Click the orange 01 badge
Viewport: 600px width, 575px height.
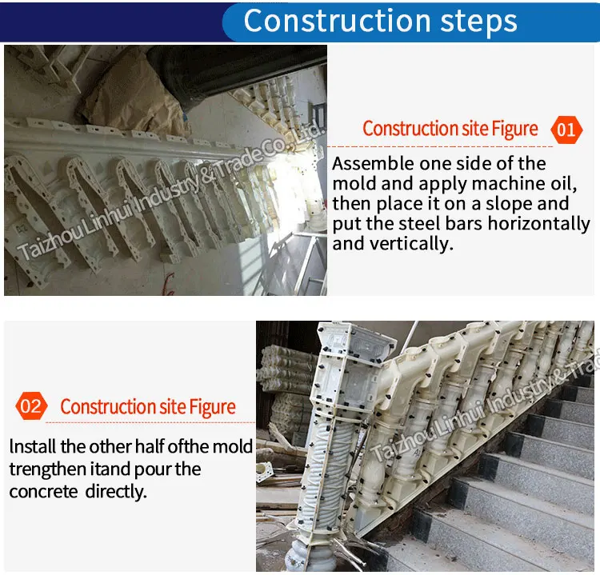coord(566,129)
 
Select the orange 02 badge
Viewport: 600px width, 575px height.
coord(30,406)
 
